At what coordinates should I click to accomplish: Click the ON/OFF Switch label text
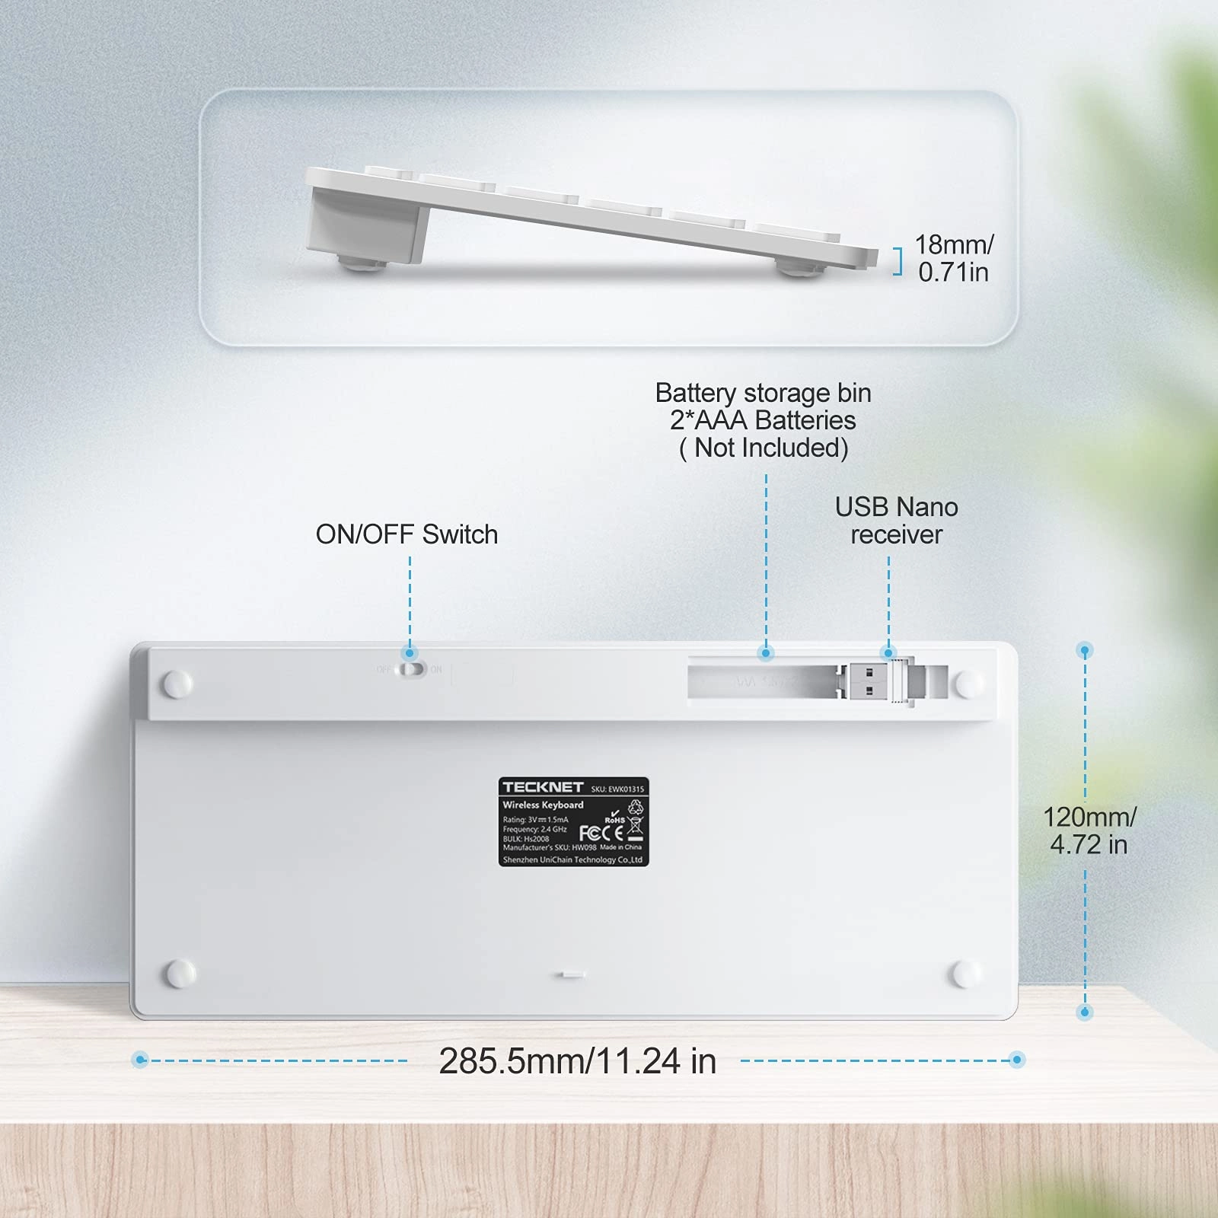[x=407, y=534]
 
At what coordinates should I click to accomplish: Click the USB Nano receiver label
[x=896, y=521]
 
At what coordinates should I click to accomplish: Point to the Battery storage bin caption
[x=763, y=420]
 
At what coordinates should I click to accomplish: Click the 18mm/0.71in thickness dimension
[x=953, y=258]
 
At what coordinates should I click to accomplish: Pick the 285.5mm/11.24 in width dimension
[x=577, y=1060]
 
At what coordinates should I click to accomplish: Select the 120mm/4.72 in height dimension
[x=1089, y=831]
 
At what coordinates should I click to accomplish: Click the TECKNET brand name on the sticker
[x=542, y=787]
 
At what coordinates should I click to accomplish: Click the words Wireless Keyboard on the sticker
[x=543, y=805]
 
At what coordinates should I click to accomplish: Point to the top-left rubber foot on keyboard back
[x=178, y=684]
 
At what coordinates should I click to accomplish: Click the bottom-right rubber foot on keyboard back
[x=967, y=973]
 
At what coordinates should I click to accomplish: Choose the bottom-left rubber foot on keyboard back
[x=180, y=972]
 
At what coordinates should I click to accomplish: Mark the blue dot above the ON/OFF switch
[x=410, y=652]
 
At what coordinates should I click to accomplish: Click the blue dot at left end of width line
[x=140, y=1060]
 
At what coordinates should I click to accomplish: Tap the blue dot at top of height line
[x=1086, y=650]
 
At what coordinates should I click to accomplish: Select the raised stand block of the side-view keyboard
[x=365, y=223]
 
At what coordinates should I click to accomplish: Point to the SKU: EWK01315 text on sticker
[x=617, y=789]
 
